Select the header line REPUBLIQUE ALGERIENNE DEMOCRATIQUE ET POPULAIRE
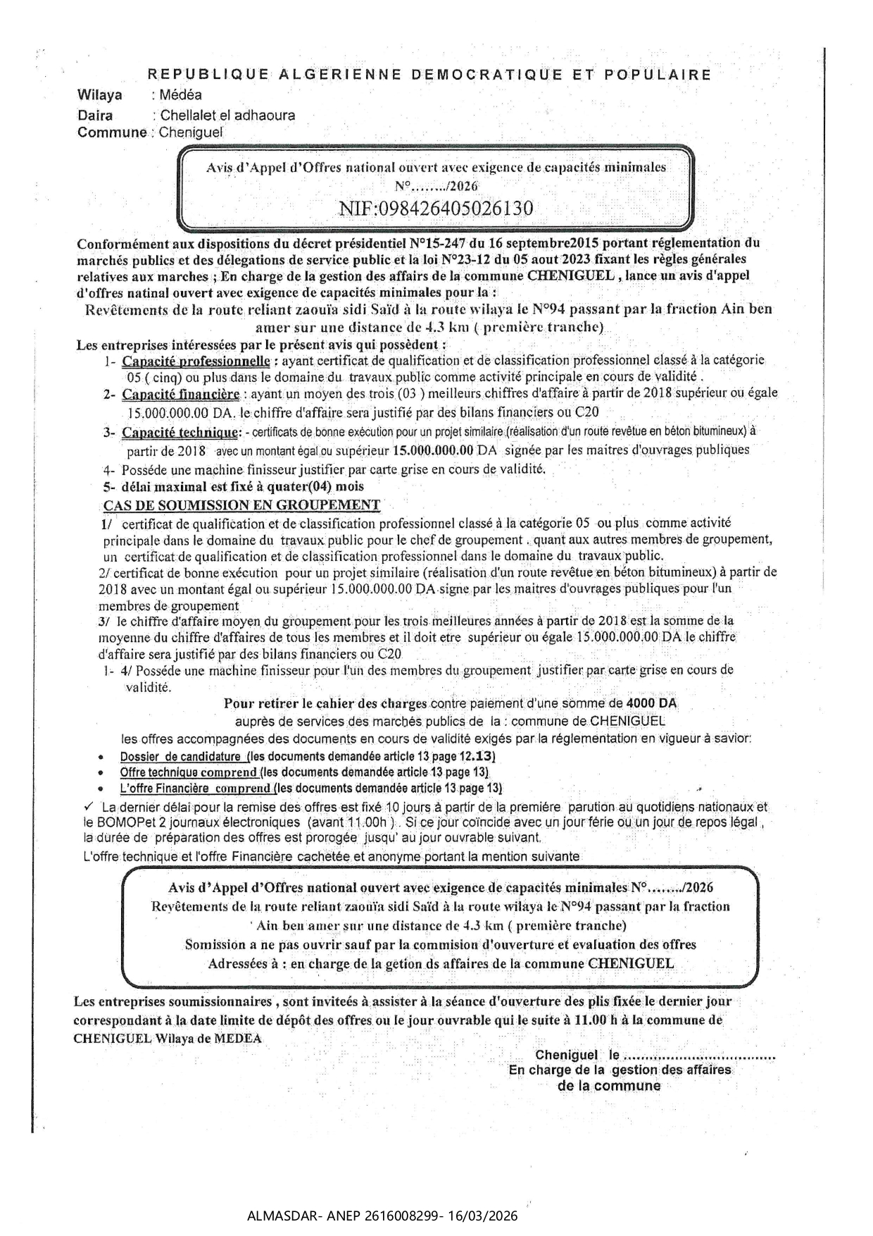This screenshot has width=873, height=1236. click(429, 74)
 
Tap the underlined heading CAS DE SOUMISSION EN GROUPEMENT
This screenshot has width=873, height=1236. click(241, 505)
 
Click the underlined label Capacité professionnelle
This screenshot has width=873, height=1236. click(196, 361)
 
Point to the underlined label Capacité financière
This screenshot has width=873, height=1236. click(181, 394)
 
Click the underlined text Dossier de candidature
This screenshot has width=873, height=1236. click(181, 757)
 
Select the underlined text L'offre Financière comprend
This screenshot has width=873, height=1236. click(196, 788)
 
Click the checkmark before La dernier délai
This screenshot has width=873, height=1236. click(89, 806)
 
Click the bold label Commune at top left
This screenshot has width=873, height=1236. click(111, 132)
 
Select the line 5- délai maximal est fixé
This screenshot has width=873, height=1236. click(234, 486)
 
